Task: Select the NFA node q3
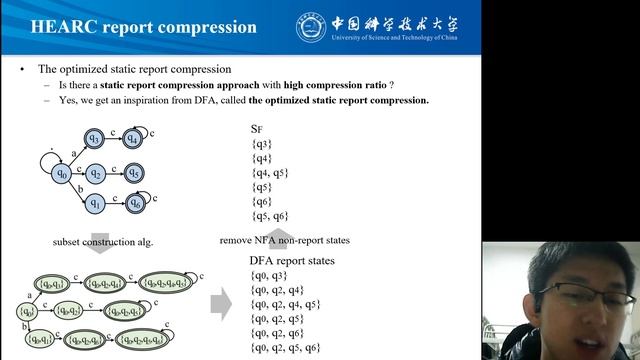(x=95, y=139)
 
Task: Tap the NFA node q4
(x=133, y=139)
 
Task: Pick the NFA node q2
(x=95, y=173)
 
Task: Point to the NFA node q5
(x=134, y=173)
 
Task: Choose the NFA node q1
(x=95, y=204)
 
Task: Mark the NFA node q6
(x=134, y=204)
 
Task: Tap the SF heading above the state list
(x=257, y=129)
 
